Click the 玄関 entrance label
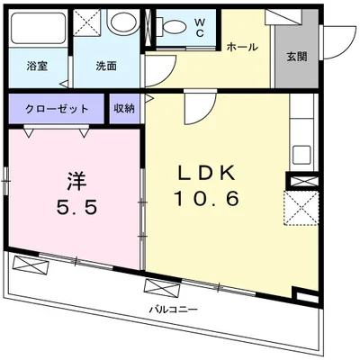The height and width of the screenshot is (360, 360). point(296,56)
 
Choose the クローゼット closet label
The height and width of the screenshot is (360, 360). point(58,109)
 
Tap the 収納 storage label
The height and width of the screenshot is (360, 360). point(124,109)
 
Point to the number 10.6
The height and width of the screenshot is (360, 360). point(208,199)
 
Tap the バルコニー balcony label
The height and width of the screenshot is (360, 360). point(174,309)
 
